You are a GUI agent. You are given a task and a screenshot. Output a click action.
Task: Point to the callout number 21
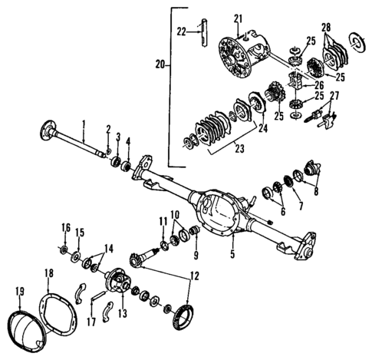(238, 18)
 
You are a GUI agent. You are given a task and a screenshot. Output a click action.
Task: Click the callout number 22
(182, 31)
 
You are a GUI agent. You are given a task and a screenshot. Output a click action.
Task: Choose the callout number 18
(49, 273)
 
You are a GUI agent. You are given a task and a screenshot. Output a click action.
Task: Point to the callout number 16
(65, 227)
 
